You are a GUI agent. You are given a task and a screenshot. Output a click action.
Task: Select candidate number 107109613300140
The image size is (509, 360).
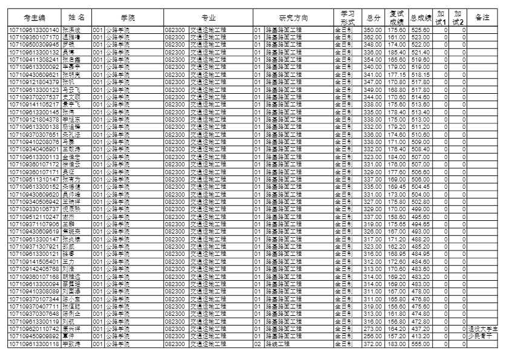34,30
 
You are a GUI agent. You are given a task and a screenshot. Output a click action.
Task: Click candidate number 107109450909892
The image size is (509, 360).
34,336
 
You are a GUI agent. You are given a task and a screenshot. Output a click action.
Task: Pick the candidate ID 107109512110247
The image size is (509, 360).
34,217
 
